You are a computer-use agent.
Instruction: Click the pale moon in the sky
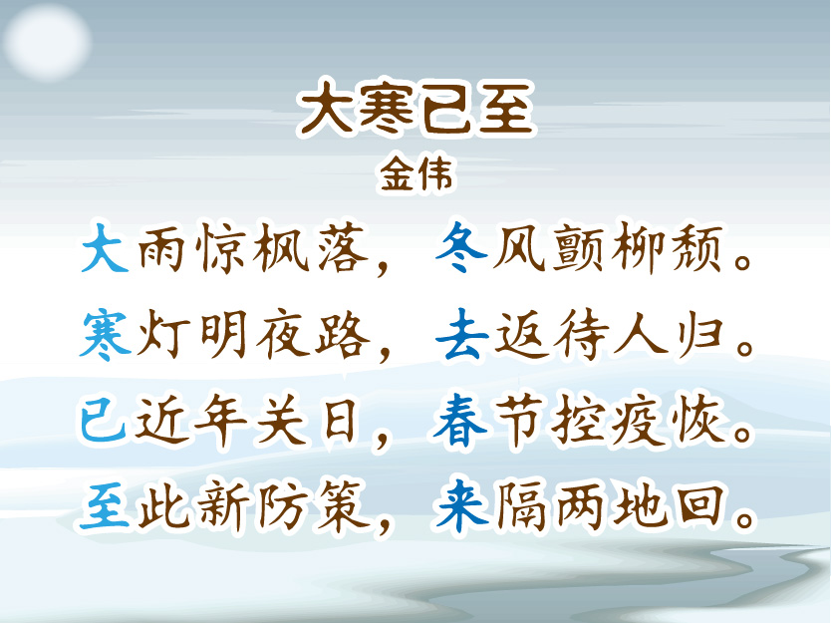point(47,41)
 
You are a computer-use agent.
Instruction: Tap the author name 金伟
point(416,173)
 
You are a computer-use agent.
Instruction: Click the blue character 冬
point(460,247)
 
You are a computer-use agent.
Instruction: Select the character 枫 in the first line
point(281,247)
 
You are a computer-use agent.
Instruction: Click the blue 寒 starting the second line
point(106,336)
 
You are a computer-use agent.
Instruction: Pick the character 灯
point(164,336)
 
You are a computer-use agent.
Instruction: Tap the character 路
point(343,336)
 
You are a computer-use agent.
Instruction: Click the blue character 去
point(461,335)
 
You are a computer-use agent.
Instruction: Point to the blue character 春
point(459,422)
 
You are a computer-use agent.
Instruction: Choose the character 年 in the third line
point(221,422)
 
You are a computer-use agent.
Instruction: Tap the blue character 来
point(461,505)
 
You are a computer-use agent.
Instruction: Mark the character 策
point(343,505)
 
